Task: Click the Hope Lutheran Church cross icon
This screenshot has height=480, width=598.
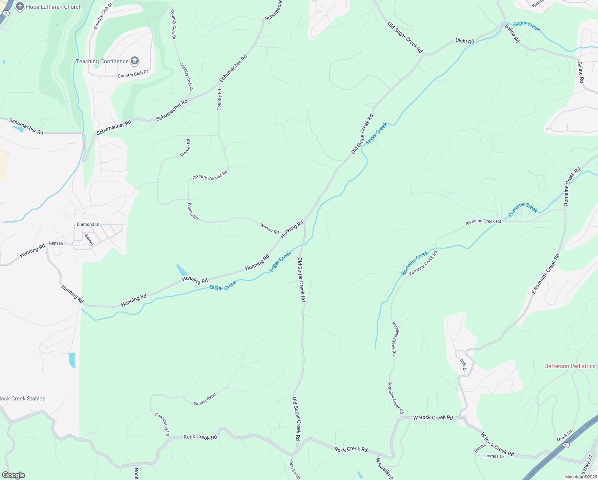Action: [x=20, y=7]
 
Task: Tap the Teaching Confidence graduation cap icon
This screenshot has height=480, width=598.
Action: [x=135, y=61]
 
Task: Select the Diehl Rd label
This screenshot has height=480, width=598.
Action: [x=464, y=41]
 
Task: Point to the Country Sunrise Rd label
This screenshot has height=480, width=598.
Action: [x=210, y=175]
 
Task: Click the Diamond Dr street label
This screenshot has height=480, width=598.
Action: [x=88, y=224]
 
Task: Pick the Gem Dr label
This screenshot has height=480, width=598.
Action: [x=56, y=243]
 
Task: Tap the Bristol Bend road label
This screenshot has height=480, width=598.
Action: [x=205, y=399]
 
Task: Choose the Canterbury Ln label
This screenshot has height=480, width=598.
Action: [x=163, y=424]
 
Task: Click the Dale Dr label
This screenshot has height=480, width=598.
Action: [x=463, y=365]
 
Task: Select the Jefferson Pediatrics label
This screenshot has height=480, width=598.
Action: [x=570, y=366]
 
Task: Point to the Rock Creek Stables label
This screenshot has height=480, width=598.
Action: [x=22, y=398]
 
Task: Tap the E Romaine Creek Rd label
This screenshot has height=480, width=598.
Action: [x=546, y=274]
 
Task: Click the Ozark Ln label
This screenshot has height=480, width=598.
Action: [x=564, y=436]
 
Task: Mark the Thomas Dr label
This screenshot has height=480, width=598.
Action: [x=493, y=456]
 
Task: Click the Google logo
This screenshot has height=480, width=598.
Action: [x=13, y=475]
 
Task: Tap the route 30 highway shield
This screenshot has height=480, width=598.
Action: [x=6, y=13]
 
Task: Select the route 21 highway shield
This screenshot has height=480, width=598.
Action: [x=566, y=445]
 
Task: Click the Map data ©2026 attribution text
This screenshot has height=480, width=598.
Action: [x=580, y=477]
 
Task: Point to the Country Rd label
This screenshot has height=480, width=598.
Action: [x=219, y=100]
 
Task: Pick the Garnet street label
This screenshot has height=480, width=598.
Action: [x=89, y=240]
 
